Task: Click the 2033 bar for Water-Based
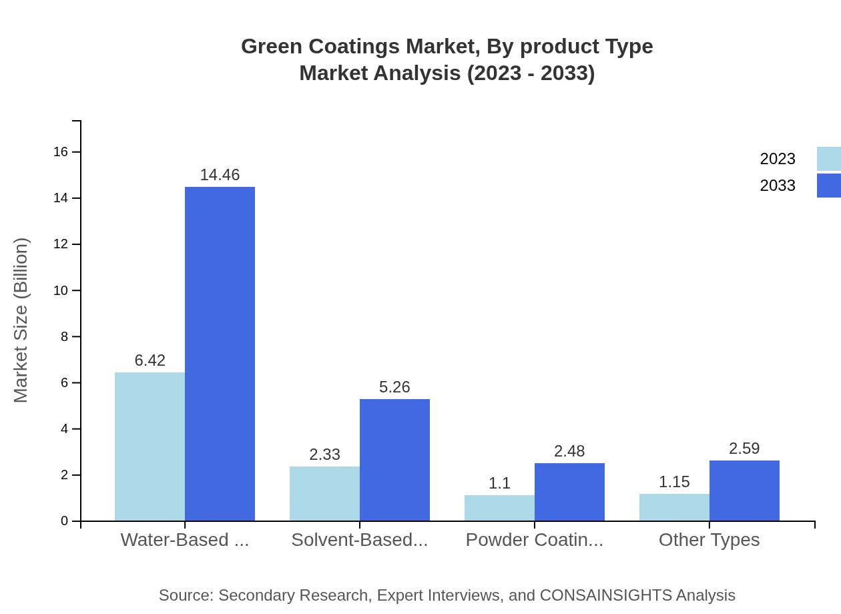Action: pyautogui.click(x=220, y=354)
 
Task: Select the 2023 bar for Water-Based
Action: pyautogui.click(x=150, y=446)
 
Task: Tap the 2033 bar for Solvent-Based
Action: pyautogui.click(x=394, y=460)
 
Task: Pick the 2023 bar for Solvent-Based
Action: pyautogui.click(x=324, y=494)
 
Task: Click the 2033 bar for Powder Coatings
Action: pyautogui.click(x=569, y=492)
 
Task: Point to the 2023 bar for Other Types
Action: pyautogui.click(x=674, y=507)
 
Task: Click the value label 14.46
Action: pyautogui.click(x=220, y=175)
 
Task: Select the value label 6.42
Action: pyautogui.click(x=150, y=360)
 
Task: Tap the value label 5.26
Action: pyautogui.click(x=394, y=387)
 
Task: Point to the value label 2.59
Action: pyautogui.click(x=744, y=448)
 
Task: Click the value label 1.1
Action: pyautogui.click(x=499, y=483)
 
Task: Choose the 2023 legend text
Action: pyautogui.click(x=778, y=159)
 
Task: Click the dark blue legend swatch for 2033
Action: pyautogui.click(x=829, y=186)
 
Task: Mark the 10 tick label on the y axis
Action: pyautogui.click(x=61, y=290)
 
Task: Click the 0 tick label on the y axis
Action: pyautogui.click(x=65, y=521)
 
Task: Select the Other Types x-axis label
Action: pyautogui.click(x=709, y=540)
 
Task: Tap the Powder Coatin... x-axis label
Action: pyautogui.click(x=534, y=540)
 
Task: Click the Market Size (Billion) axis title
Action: pyautogui.click(x=21, y=320)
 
